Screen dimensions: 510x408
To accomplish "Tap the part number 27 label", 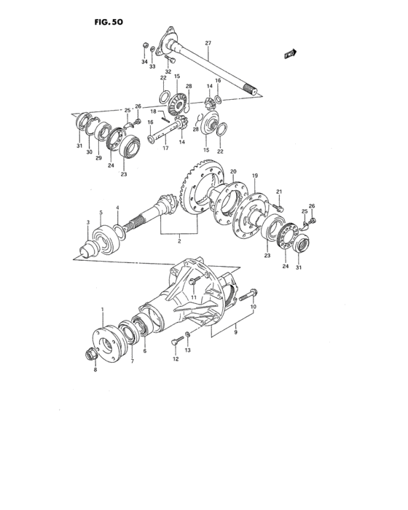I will point(208,44).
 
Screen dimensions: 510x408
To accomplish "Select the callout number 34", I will point(144,63).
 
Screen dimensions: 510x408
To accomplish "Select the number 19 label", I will point(256,176).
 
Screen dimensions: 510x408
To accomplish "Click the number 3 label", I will point(87,222).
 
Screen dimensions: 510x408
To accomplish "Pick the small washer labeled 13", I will point(187,335).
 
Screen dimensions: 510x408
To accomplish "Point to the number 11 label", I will point(194,298).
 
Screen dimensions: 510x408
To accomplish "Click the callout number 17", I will point(165,149).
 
